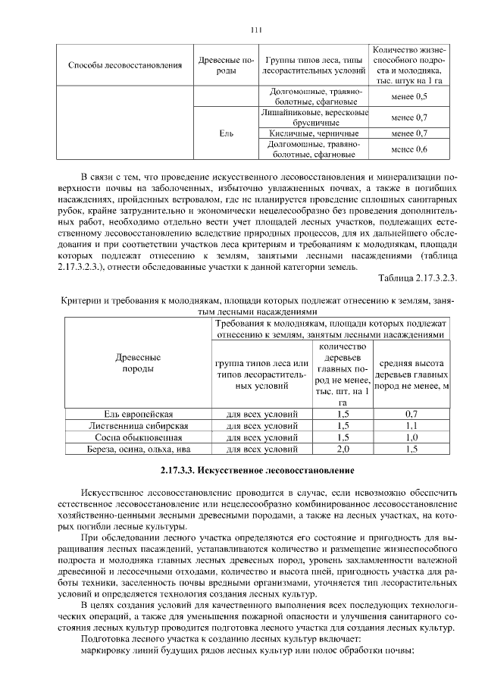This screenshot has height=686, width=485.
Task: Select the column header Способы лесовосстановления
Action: pyautogui.click(x=125, y=65)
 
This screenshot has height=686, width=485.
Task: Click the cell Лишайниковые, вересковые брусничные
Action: pyautogui.click(x=314, y=117)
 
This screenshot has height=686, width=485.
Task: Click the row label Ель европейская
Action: pyautogui.click(x=139, y=414)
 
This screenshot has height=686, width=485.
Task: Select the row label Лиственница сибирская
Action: pyautogui.click(x=139, y=426)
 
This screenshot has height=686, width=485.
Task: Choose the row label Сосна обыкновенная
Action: pyautogui.click(x=139, y=437)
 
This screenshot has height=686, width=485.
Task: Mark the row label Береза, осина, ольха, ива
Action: pyautogui.click(x=139, y=450)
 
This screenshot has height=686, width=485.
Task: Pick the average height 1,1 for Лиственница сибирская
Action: pyautogui.click(x=411, y=426)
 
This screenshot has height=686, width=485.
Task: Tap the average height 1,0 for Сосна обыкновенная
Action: pyautogui.click(x=411, y=437)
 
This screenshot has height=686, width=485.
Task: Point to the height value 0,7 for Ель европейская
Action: pyautogui.click(x=411, y=414)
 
